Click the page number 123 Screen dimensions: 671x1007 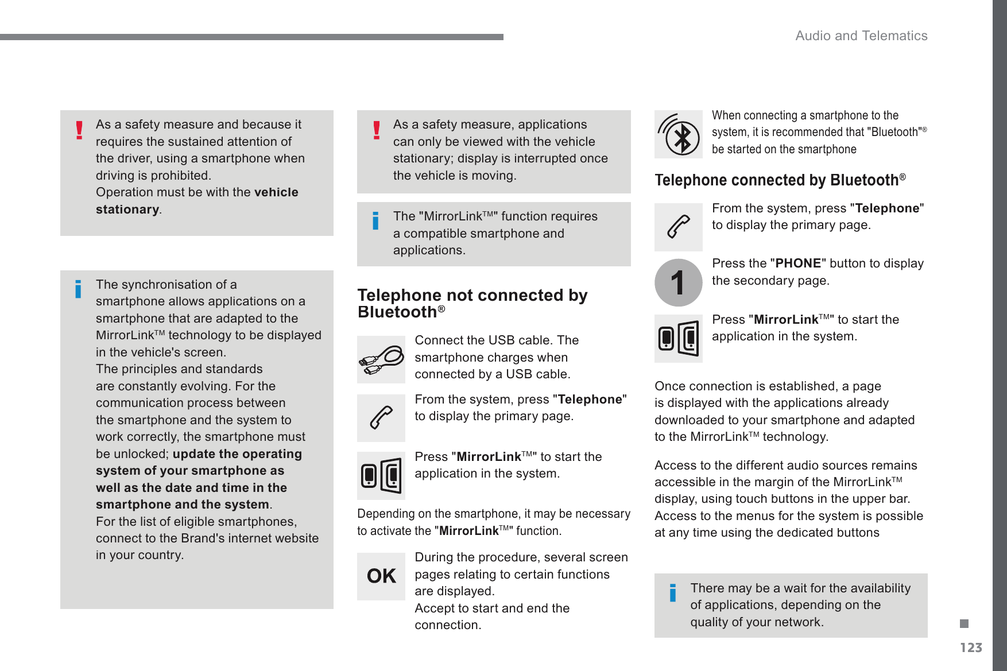tap(971, 647)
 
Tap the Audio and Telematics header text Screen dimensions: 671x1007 tap(861, 36)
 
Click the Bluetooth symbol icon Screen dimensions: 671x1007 tap(679, 134)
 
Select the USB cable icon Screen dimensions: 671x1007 tap(381, 360)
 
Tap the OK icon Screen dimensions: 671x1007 tap(381, 576)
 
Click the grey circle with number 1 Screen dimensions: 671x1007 tap(678, 282)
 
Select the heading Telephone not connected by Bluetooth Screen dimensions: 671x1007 tap(472, 303)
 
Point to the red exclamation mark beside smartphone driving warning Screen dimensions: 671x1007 tap(79, 130)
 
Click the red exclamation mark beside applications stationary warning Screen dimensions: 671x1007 tap(377, 130)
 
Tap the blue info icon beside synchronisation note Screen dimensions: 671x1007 tap(78, 289)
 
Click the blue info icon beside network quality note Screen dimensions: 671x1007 tap(673, 592)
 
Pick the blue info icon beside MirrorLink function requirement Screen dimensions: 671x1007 tap(375, 220)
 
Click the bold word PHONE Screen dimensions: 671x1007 tap(798, 263)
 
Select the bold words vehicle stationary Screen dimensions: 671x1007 tap(197, 200)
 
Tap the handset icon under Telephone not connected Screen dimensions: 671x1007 tap(381, 418)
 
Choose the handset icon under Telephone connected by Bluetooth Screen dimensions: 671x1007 tap(678, 227)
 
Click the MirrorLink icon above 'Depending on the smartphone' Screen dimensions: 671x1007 tap(381, 475)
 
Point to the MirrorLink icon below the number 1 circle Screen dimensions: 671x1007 tap(678, 339)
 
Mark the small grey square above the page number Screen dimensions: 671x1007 tap(964, 623)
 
